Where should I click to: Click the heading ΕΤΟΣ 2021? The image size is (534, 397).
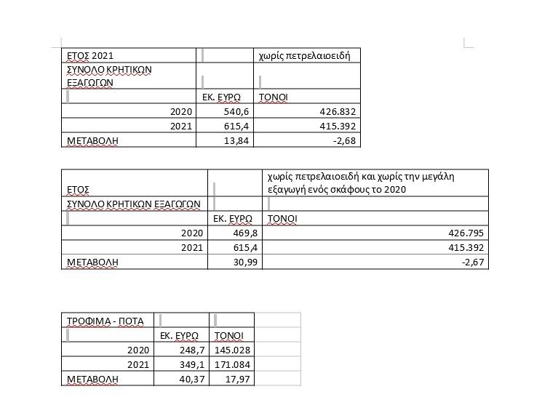[x=90, y=55]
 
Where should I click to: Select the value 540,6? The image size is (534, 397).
[x=236, y=112]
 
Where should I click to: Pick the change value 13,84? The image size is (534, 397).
[x=237, y=140]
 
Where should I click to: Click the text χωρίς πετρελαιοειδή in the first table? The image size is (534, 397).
[x=305, y=55]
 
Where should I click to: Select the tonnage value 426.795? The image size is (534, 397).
[x=465, y=233]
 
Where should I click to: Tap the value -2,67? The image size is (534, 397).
[x=473, y=262]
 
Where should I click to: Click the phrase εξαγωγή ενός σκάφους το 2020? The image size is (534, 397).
[x=336, y=189]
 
